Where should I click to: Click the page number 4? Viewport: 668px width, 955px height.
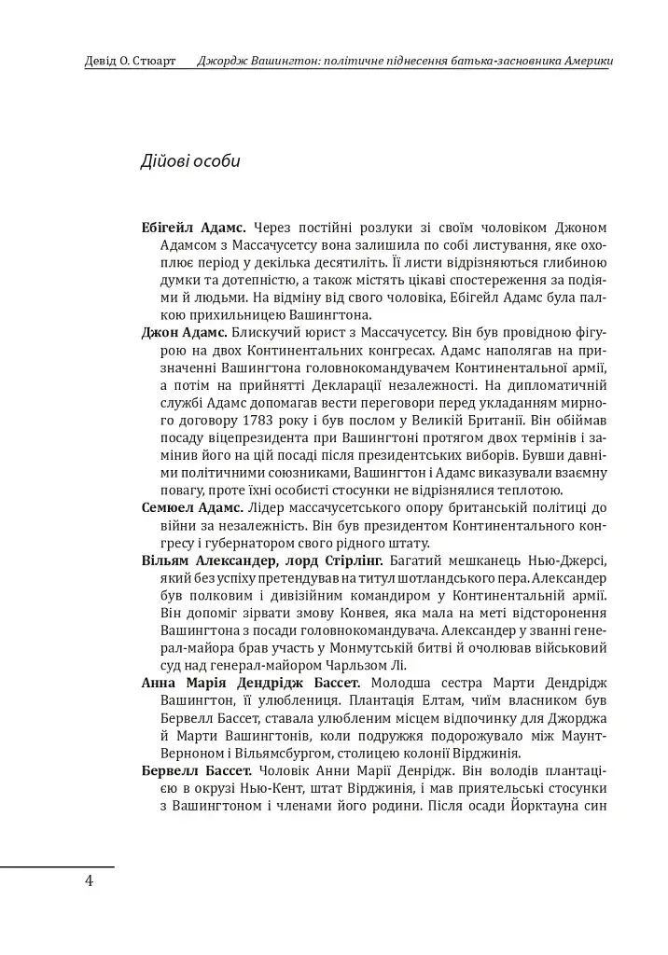pyautogui.click(x=89, y=881)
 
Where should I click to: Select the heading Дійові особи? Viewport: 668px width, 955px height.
pyautogui.click(x=190, y=160)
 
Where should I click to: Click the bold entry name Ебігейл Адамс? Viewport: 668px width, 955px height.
pyautogui.click(x=193, y=227)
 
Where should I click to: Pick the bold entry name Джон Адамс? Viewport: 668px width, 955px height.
pyautogui.click(x=184, y=331)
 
